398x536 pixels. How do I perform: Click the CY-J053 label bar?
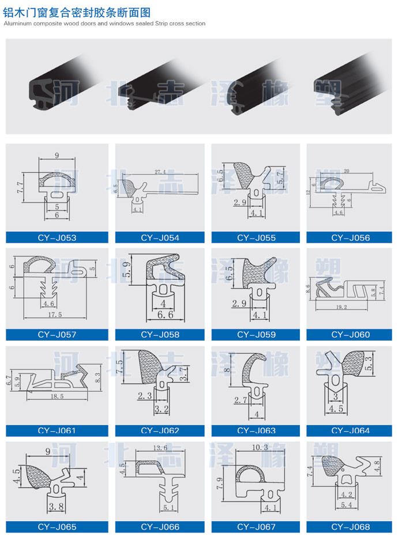pyautogui.click(x=57, y=237)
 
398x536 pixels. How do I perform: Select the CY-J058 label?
pyautogui.click(x=160, y=334)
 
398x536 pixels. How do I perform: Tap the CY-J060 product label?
pyautogui.click(x=351, y=334)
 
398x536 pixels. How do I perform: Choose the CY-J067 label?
pyautogui.click(x=256, y=526)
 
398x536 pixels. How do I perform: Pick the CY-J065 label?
pyautogui.click(x=57, y=526)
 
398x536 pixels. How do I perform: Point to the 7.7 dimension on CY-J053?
pyautogui.click(x=20, y=186)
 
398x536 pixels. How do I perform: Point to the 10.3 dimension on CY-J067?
pyautogui.click(x=256, y=448)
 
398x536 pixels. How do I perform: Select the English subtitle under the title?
pyautogui.click(x=104, y=24)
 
